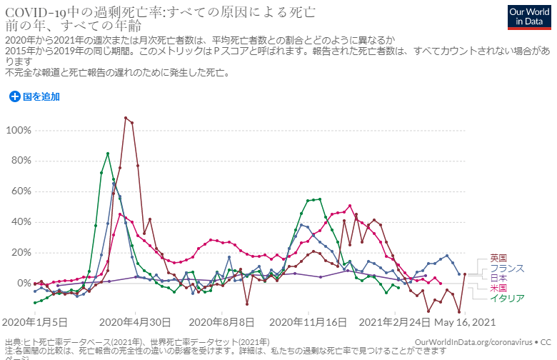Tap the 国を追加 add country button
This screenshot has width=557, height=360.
(34, 96)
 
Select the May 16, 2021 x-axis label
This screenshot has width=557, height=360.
(466, 323)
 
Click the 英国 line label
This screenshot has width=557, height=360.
(498, 258)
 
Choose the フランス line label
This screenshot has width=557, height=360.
(506, 268)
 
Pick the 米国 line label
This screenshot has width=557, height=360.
(498, 288)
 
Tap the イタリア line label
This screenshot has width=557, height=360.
(506, 298)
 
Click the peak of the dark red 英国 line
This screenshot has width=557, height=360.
(126, 118)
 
